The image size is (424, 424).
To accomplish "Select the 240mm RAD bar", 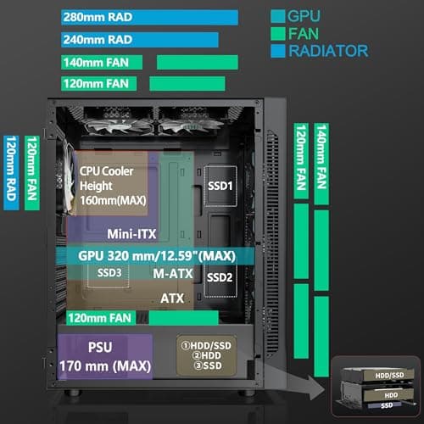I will (x=136, y=39).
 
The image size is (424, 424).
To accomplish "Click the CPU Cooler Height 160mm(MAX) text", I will (x=112, y=184).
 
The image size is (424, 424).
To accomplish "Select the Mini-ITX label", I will (x=130, y=232).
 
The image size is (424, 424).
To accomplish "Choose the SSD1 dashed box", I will (x=219, y=184).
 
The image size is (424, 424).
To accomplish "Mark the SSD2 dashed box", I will (x=219, y=276).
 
